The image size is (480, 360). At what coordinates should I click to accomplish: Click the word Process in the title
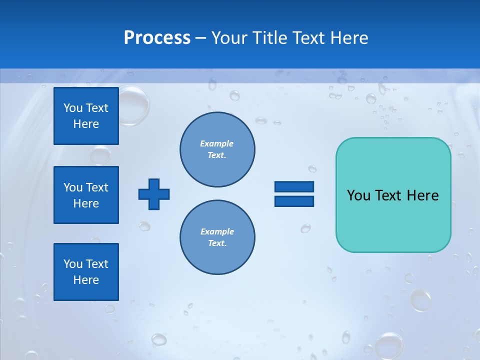157,38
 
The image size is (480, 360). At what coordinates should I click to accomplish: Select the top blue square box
86,116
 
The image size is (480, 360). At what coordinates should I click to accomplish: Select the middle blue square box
86,195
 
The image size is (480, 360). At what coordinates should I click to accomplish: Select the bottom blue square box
86,272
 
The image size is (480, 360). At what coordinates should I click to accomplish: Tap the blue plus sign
154,194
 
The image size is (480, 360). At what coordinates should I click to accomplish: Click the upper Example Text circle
217,149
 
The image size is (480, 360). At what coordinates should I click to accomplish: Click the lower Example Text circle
217,237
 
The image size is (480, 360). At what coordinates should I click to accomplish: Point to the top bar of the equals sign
294,187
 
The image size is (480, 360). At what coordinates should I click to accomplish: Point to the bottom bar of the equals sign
294,201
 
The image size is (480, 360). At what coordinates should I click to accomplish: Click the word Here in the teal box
422,195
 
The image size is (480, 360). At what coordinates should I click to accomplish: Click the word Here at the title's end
349,38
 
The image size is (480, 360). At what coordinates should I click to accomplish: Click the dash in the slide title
200,38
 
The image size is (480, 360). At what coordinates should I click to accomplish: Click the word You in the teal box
358,195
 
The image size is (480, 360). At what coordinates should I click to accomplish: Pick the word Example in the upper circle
217,143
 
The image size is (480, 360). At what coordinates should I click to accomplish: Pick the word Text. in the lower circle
217,243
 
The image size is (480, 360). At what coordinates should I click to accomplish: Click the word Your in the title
228,38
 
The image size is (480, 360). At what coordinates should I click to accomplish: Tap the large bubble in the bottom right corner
388,345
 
